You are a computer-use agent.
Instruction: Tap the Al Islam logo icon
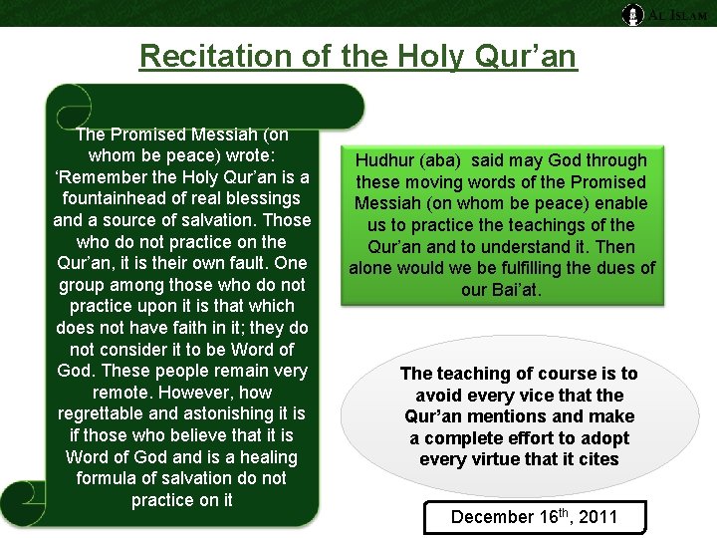click(632, 14)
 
